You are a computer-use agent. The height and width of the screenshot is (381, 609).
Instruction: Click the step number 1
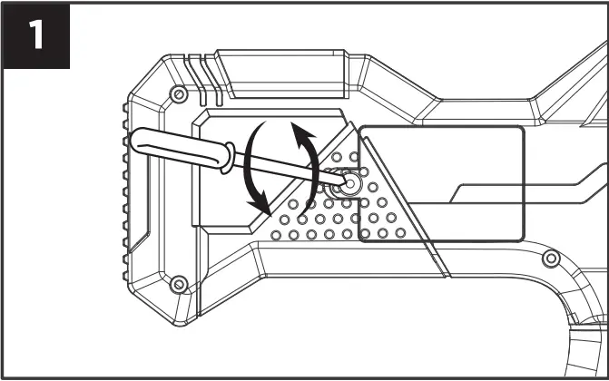tap(35, 35)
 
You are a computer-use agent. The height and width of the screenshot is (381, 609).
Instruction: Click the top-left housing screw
tap(179, 93)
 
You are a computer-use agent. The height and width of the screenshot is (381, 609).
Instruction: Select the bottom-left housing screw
tap(179, 285)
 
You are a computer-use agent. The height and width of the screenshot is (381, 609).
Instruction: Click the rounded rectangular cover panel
tap(442, 184)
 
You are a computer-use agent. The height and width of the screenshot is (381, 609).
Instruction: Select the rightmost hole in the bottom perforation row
tap(399, 234)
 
